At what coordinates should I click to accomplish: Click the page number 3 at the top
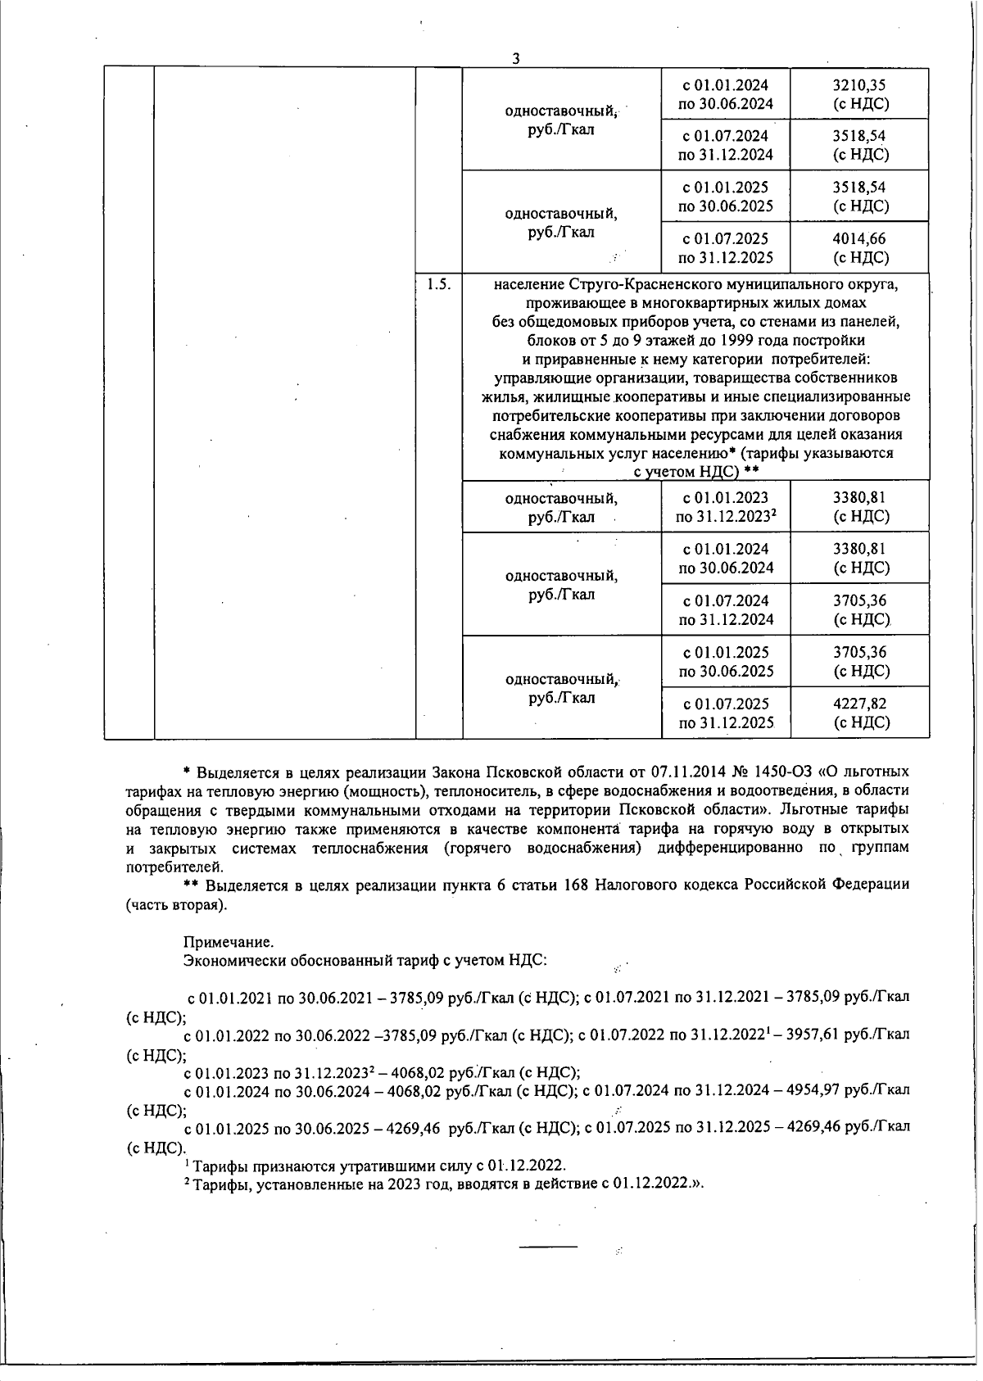(515, 58)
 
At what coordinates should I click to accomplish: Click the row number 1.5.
(438, 285)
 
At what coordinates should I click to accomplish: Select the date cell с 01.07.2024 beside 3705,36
(726, 609)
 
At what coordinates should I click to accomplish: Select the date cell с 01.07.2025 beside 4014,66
(726, 248)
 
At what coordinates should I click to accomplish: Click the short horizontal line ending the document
(548, 1246)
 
